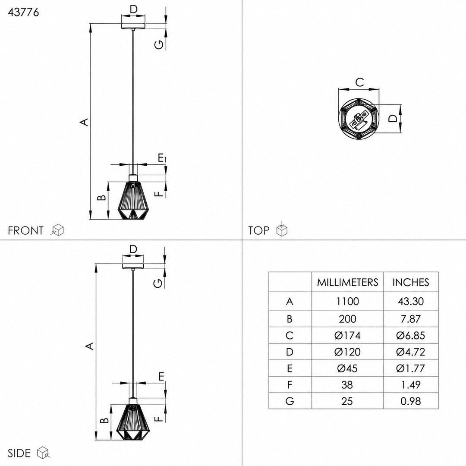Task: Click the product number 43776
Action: click(23, 12)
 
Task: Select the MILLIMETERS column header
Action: click(347, 282)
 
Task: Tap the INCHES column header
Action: click(411, 282)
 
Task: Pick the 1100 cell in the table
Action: click(347, 301)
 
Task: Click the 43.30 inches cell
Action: click(411, 301)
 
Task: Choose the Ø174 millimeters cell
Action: click(347, 336)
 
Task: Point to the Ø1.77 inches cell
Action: click(411, 368)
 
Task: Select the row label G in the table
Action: click(290, 401)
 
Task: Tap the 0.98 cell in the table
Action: click(411, 401)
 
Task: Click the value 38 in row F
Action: click(347, 385)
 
